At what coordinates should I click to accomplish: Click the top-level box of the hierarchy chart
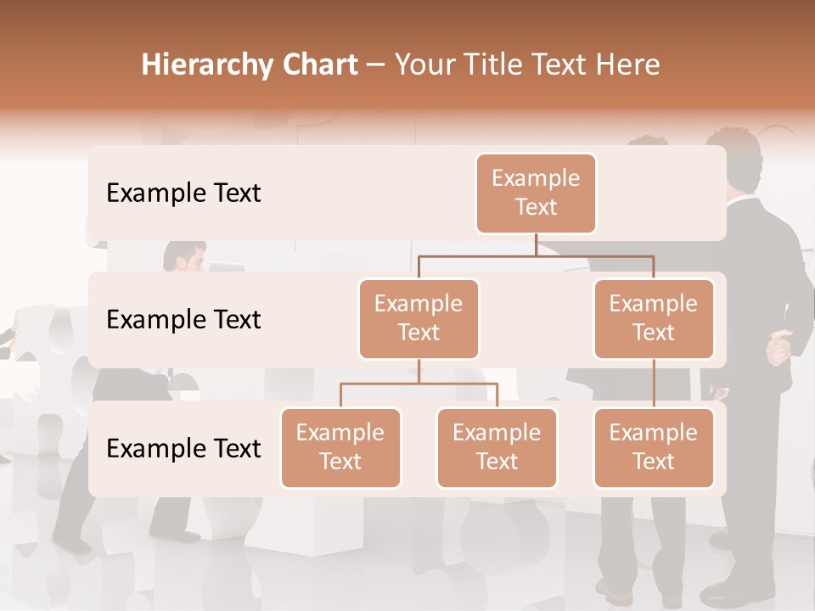tap(536, 193)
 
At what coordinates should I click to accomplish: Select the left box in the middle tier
tap(419, 318)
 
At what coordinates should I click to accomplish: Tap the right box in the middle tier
tap(654, 318)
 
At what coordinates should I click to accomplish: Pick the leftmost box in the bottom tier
tap(340, 447)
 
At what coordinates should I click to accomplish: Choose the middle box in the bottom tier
tap(497, 447)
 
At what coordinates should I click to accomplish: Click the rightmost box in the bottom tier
tap(654, 447)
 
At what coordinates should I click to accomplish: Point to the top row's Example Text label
tap(183, 193)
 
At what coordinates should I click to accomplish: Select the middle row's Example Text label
tap(183, 320)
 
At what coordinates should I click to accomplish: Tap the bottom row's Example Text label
tap(183, 449)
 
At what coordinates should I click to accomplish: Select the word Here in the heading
tap(628, 65)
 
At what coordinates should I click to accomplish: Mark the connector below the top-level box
tap(536, 244)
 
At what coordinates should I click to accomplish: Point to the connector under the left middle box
tap(419, 372)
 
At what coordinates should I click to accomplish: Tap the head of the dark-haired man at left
tap(184, 257)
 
